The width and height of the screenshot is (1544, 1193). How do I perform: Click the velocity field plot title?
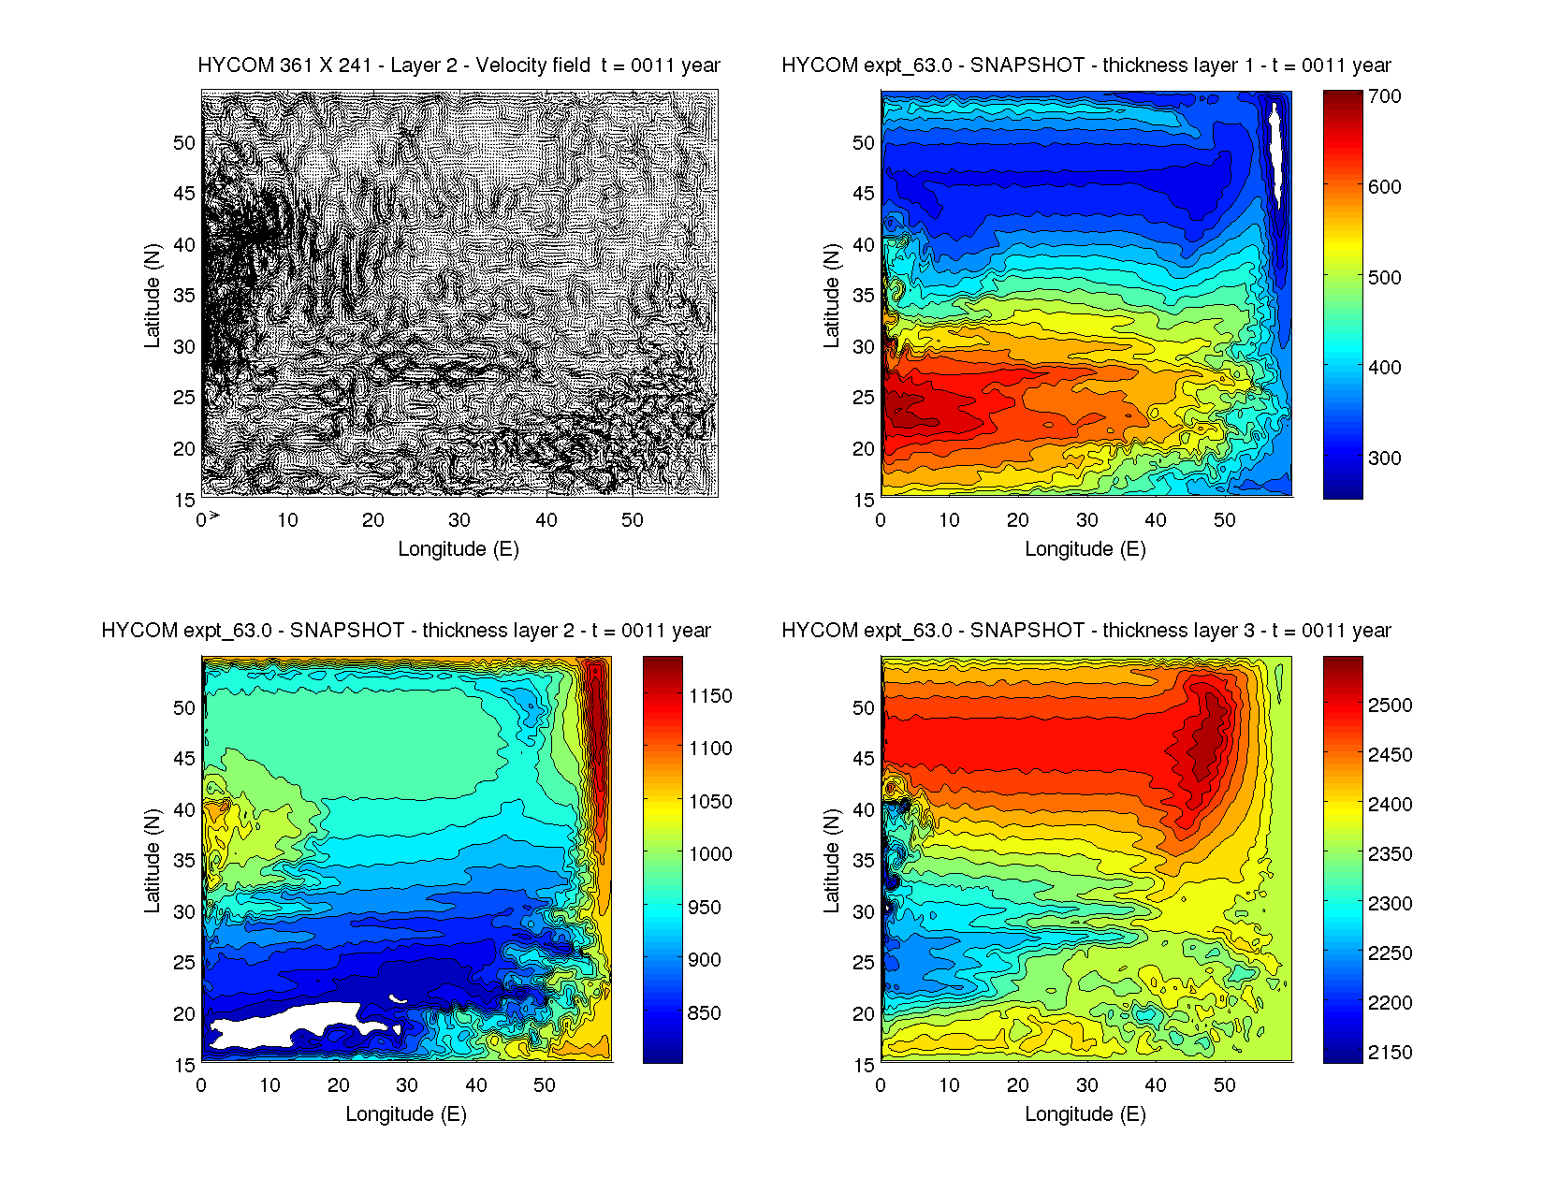[459, 65]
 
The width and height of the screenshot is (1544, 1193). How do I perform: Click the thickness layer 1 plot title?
[1085, 65]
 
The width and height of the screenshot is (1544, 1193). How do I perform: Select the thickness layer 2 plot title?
[406, 631]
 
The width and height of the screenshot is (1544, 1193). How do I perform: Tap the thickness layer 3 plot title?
[1085, 631]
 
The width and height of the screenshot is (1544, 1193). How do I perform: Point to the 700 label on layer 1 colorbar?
[1384, 96]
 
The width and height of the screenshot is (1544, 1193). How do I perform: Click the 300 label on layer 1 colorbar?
[1384, 458]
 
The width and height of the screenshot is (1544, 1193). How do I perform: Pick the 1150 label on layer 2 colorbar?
[710, 696]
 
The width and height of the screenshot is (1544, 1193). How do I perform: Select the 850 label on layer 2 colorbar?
[704, 1013]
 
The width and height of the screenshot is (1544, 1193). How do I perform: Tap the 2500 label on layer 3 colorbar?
[1390, 706]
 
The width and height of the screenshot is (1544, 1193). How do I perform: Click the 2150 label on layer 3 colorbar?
[1390, 1053]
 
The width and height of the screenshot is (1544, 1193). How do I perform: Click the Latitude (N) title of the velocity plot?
[152, 296]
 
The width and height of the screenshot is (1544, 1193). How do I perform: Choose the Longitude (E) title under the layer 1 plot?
[1085, 549]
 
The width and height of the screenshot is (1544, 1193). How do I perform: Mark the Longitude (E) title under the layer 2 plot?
[406, 1114]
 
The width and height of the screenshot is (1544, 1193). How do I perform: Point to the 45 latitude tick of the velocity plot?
[184, 194]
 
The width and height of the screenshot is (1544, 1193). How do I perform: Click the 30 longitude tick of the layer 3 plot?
[1087, 1085]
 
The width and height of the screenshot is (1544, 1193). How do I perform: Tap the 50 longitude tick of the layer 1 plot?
[1225, 520]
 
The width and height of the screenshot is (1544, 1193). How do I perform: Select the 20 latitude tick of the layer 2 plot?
[184, 1014]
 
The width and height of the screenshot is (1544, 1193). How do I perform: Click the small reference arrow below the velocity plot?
[214, 516]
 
